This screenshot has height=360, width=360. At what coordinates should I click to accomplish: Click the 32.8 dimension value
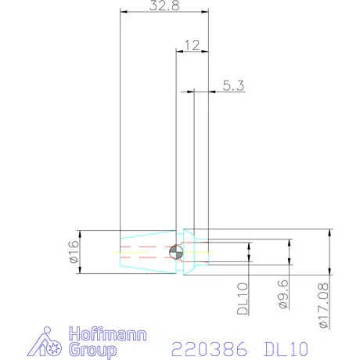pyautogui.click(x=164, y=5)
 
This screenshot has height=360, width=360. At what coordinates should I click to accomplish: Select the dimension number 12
pyautogui.click(x=192, y=46)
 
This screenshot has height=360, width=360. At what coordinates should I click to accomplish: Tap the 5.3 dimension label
pyautogui.click(x=233, y=86)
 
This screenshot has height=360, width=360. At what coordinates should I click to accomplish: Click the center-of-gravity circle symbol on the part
pyautogui.click(x=175, y=252)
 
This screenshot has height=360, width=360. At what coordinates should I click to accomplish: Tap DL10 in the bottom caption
pyautogui.click(x=283, y=345)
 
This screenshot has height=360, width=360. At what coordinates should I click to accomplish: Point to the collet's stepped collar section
pyautogui.click(x=196, y=252)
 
